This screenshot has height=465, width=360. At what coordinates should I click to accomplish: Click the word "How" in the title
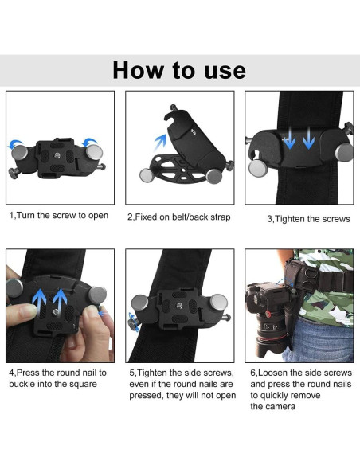pos(139,70)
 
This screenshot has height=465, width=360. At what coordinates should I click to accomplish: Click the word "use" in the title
pos(225,71)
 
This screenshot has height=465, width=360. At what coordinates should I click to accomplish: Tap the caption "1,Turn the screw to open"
pos(59,216)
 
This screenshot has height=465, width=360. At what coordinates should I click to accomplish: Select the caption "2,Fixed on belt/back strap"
pos(179,217)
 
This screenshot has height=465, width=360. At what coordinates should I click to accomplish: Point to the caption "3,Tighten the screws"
pos(308,219)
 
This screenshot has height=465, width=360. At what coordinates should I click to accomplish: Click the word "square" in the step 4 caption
pos(81,384)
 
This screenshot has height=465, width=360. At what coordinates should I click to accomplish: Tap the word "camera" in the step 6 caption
pos(282,406)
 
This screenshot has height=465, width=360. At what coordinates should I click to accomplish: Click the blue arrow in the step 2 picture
pos(160,142)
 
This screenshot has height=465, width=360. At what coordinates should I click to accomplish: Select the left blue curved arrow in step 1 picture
pos(15,143)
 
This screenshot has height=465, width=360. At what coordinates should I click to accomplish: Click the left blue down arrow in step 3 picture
pos(289,138)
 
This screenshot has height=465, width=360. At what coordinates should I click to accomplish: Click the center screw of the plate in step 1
pos(57,155)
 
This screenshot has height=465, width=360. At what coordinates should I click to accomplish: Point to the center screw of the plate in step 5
pos(179,306)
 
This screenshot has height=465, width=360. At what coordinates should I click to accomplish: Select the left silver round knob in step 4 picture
pos(15,287)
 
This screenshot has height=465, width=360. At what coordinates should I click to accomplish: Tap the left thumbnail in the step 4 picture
pos(29,311)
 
